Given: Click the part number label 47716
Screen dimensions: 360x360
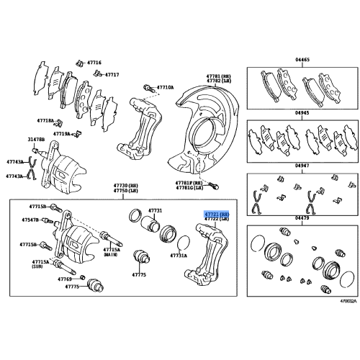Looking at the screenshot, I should [94, 63].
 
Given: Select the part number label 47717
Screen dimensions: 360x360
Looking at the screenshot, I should [112, 74].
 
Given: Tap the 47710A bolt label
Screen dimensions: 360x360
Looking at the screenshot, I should [166, 86].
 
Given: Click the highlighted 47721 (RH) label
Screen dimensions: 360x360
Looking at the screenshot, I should [215, 214].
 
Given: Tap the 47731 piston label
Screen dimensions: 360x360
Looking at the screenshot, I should [156, 210].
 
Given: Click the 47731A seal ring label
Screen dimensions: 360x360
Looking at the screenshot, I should [179, 256].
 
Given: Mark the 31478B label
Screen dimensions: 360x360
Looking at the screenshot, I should [37, 139].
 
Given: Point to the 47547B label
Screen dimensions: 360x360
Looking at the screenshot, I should [30, 220].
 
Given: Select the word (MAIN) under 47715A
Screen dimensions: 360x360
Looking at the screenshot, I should [111, 255].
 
